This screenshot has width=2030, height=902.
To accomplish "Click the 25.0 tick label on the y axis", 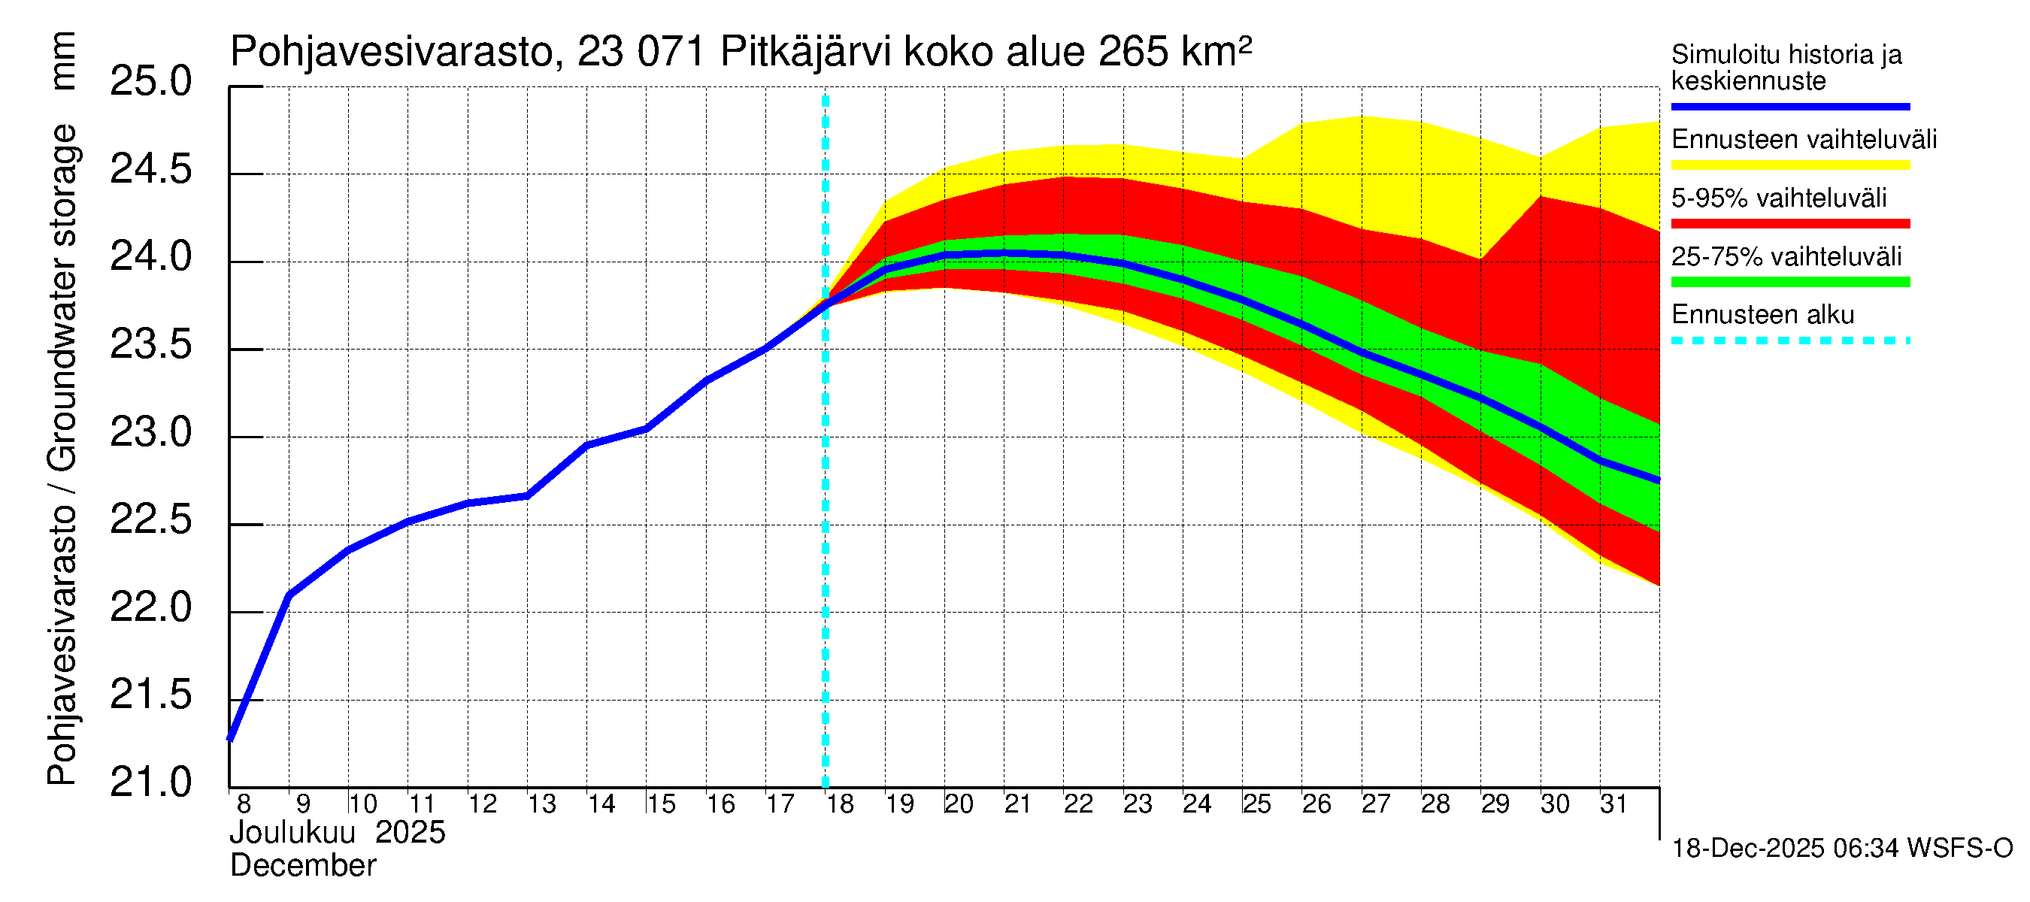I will [150, 82].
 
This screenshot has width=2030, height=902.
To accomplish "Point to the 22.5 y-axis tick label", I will [150, 520].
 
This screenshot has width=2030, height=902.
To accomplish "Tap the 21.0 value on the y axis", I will [150, 782].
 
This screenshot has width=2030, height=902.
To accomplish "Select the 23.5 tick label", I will [150, 345].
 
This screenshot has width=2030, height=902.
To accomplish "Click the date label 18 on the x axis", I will [840, 804].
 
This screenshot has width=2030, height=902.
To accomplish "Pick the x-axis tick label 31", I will [1613, 804].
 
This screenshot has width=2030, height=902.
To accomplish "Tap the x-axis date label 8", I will [244, 804].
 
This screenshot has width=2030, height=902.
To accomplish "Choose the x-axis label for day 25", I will [1256, 804].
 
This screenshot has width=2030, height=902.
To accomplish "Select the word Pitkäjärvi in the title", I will [805, 52].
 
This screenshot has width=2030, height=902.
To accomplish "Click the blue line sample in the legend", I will [1789, 106].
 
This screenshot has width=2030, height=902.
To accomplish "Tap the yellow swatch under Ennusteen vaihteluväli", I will [1789, 165].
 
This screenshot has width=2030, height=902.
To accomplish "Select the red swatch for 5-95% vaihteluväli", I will [1789, 224].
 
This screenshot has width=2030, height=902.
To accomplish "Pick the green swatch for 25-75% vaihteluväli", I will [1789, 282].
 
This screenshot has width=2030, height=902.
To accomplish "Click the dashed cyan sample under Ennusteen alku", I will [1789, 341].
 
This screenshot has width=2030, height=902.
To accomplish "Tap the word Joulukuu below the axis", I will [292, 834].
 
